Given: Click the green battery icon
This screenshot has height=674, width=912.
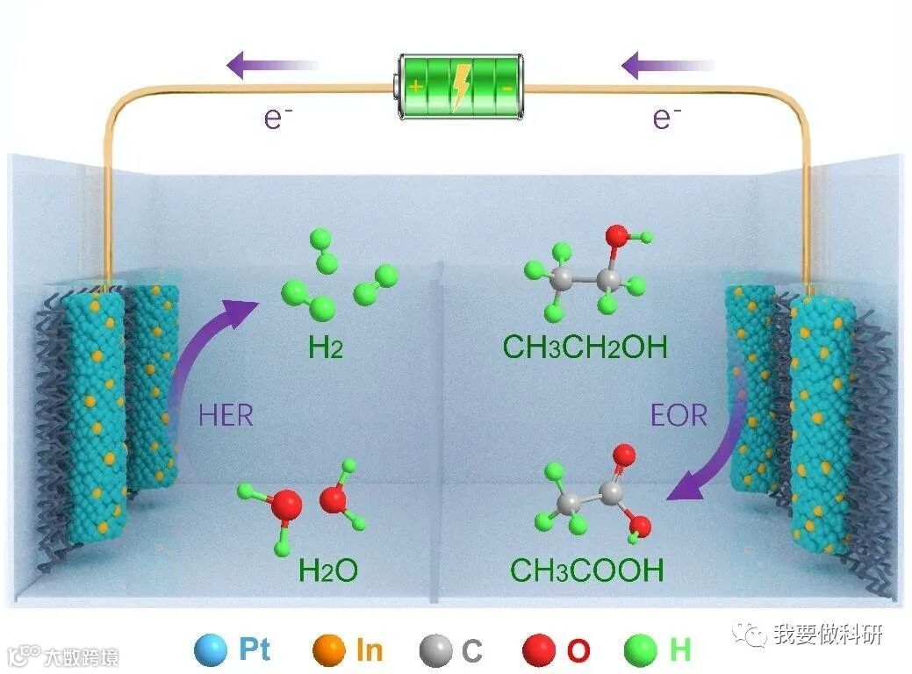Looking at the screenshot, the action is coord(460,85).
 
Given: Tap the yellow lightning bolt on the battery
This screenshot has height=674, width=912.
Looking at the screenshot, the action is coord(460,85).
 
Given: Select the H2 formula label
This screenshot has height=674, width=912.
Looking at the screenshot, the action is coord(325,348).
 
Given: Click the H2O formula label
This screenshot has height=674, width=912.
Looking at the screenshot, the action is coord(328,570).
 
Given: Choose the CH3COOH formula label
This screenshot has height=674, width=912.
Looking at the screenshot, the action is coord(587,570).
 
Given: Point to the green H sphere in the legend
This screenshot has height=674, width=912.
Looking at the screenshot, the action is coord(641,650).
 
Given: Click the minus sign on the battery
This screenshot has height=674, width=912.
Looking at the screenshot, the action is coord(508,86).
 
